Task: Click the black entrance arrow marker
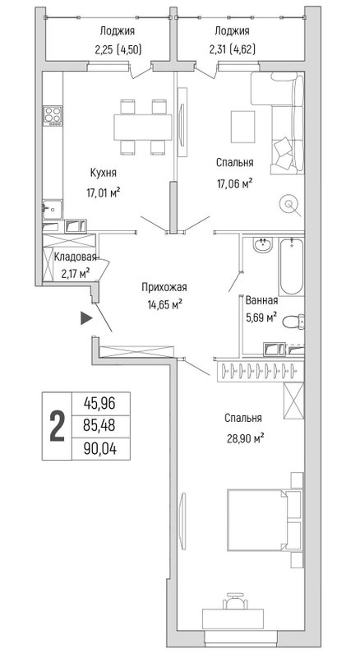pyautogui.click(x=86, y=318)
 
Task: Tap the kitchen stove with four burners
pyautogui.click(x=53, y=116)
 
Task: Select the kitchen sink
pyautogui.click(x=53, y=209)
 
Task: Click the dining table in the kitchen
pyautogui.click(x=143, y=127)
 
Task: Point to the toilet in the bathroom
pyautogui.click(x=293, y=322)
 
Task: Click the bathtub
pyautogui.click(x=292, y=266)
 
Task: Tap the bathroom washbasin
pyautogui.click(x=263, y=244)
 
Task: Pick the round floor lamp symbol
pyautogui.click(x=289, y=204)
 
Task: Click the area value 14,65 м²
pyautogui.click(x=164, y=304)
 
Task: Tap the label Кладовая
pyautogui.click(x=76, y=257)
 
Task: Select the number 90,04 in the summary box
pyautogui.click(x=100, y=449)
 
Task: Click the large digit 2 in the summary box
pyautogui.click(x=57, y=426)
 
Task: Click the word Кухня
pyautogui.click(x=104, y=173)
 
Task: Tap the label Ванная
pyautogui.click(x=261, y=300)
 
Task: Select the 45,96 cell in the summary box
pyautogui.click(x=100, y=404)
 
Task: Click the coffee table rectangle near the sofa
pyautogui.click(x=243, y=127)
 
